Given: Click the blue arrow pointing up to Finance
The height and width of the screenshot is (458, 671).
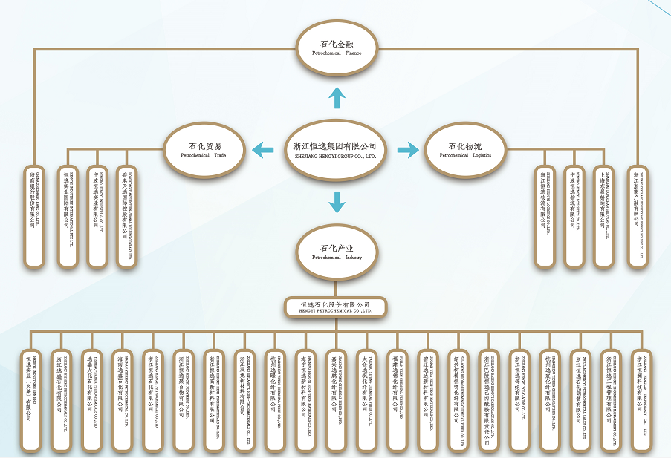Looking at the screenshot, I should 337,96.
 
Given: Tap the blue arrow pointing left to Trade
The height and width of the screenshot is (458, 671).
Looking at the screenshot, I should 262,150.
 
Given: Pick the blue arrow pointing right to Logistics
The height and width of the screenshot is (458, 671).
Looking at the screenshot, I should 408,151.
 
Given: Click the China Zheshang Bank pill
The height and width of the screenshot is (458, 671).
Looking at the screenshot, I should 34,216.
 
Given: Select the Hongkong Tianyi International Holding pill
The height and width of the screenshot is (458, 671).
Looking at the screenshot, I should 127,216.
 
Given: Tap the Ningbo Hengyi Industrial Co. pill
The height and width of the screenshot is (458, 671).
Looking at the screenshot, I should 97,216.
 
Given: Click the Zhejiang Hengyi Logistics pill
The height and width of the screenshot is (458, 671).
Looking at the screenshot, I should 545,216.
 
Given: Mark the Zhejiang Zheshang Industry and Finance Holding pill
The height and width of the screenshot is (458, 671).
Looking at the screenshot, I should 637,216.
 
